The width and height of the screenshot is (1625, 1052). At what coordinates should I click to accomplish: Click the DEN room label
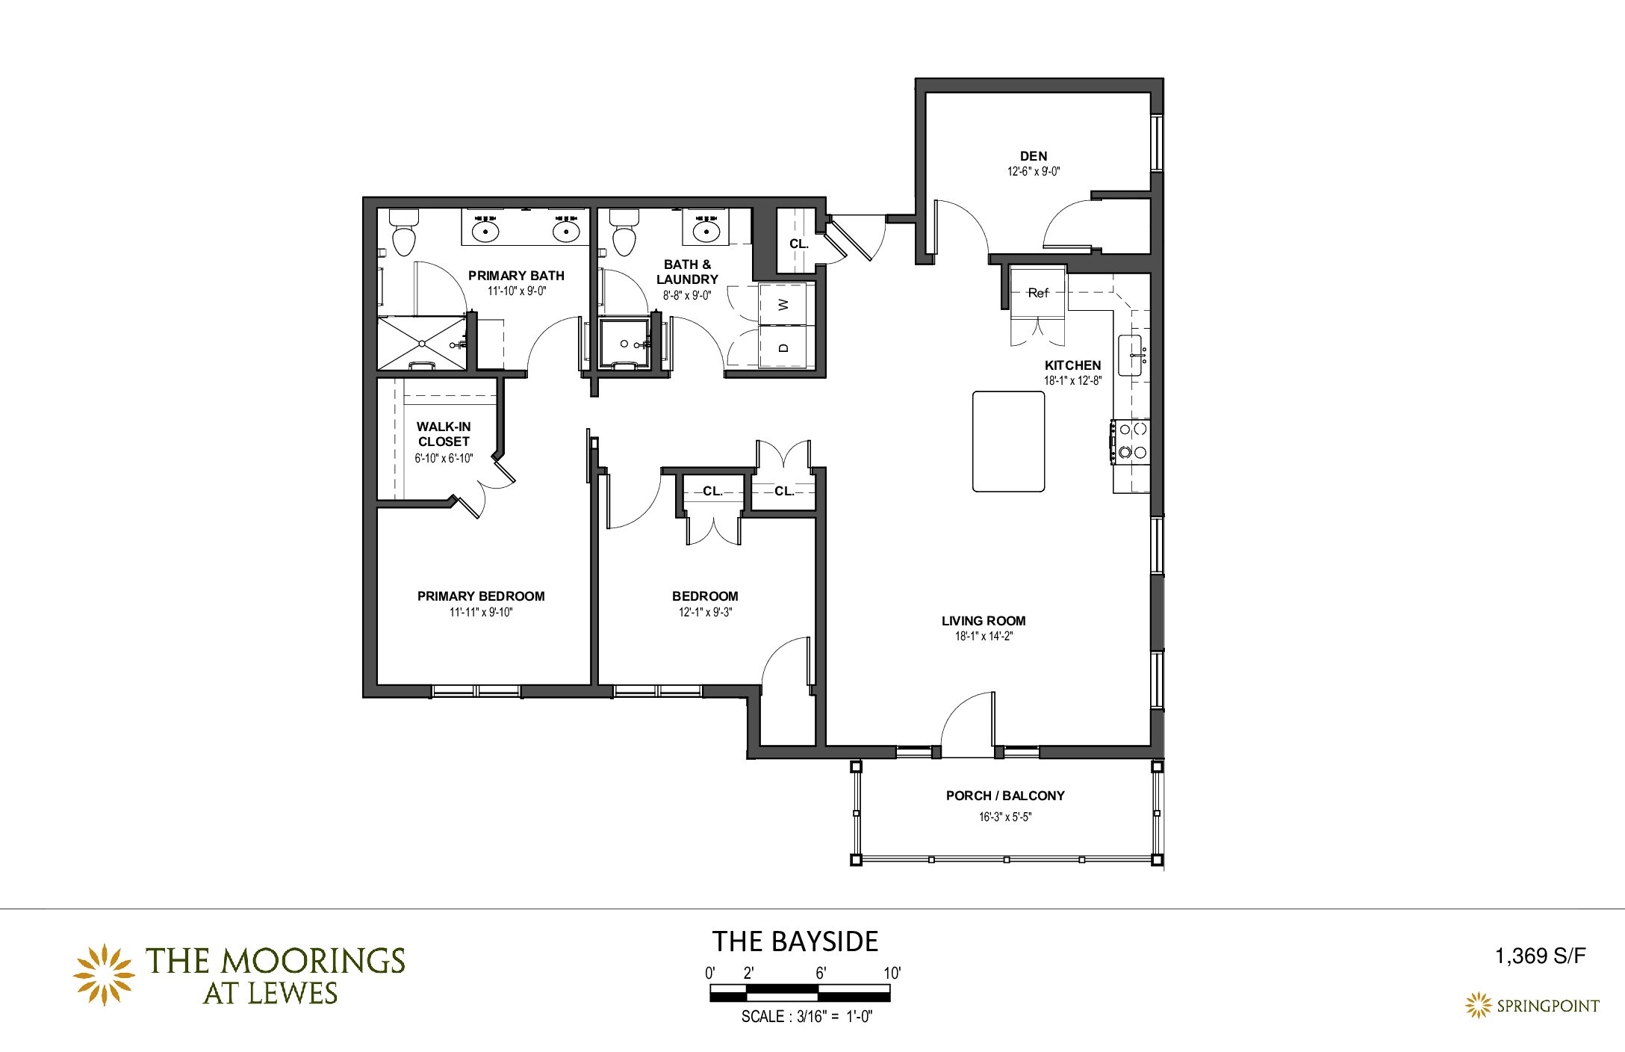click(x=1034, y=156)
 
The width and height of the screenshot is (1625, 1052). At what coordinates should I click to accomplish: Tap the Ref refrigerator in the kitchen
click(x=1038, y=293)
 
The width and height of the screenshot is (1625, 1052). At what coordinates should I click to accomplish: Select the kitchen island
click(x=1008, y=442)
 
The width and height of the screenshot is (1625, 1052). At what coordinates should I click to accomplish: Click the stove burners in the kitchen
click(x=1131, y=441)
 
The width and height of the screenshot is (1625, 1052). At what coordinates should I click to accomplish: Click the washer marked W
click(x=783, y=304)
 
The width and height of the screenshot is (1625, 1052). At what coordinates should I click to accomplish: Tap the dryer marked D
click(x=783, y=347)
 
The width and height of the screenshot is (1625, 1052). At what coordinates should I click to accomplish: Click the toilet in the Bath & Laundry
click(x=624, y=232)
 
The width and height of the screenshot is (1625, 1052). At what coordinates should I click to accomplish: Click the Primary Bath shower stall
click(x=422, y=343)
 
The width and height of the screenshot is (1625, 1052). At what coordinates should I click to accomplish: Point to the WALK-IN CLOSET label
click(x=444, y=434)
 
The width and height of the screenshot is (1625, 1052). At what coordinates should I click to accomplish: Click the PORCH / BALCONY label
click(x=1005, y=796)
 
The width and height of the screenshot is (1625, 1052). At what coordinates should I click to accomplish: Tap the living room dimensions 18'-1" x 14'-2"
click(x=984, y=637)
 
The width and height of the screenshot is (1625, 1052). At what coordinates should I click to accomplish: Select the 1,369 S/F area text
click(x=1540, y=956)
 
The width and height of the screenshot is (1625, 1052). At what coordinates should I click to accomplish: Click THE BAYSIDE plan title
click(x=795, y=941)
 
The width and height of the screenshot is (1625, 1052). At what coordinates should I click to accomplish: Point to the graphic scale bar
click(x=800, y=993)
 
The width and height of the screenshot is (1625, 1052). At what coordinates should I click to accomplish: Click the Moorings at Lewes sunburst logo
click(x=104, y=974)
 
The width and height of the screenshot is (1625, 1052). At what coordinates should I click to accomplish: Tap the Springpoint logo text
click(x=1548, y=1006)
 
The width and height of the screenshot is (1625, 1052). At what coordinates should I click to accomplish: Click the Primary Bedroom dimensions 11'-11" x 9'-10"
click(x=481, y=613)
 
